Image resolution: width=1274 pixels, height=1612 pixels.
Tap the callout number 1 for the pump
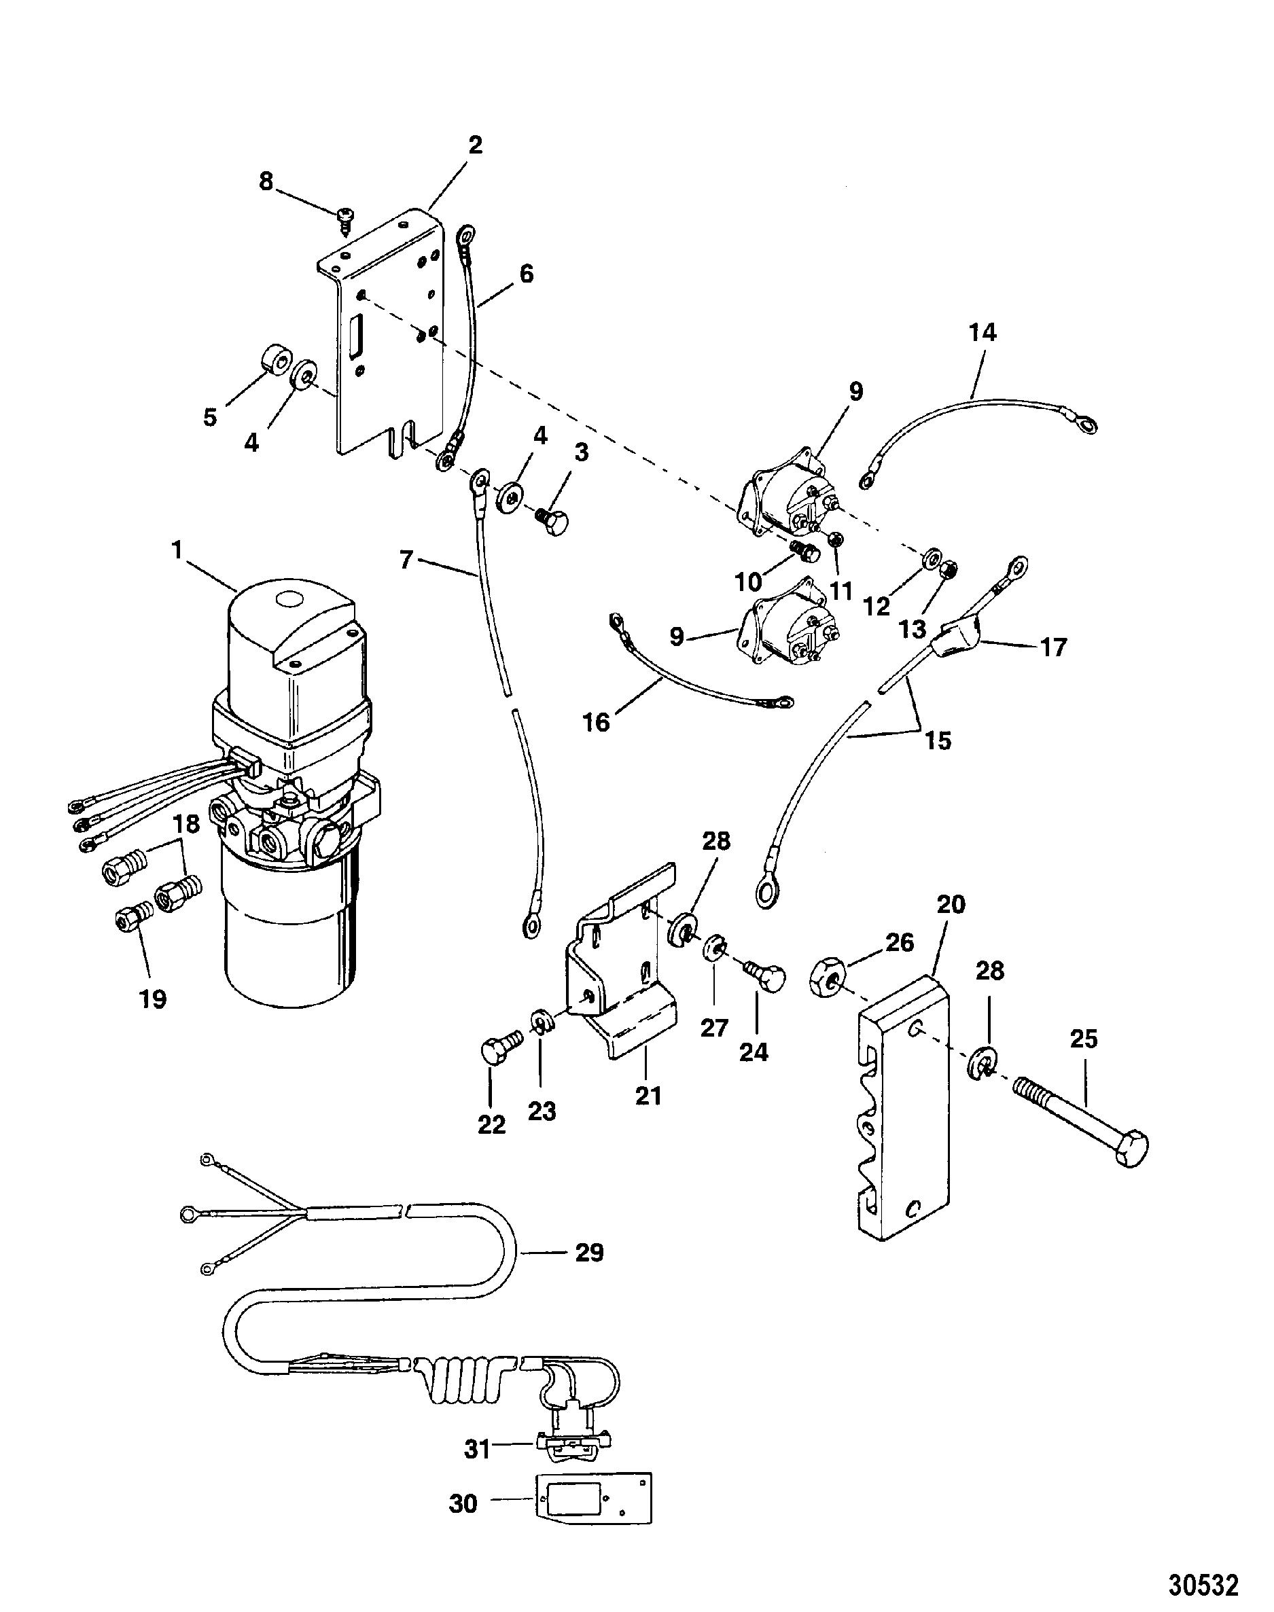click(177, 551)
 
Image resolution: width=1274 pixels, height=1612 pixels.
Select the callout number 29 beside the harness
click(588, 1253)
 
